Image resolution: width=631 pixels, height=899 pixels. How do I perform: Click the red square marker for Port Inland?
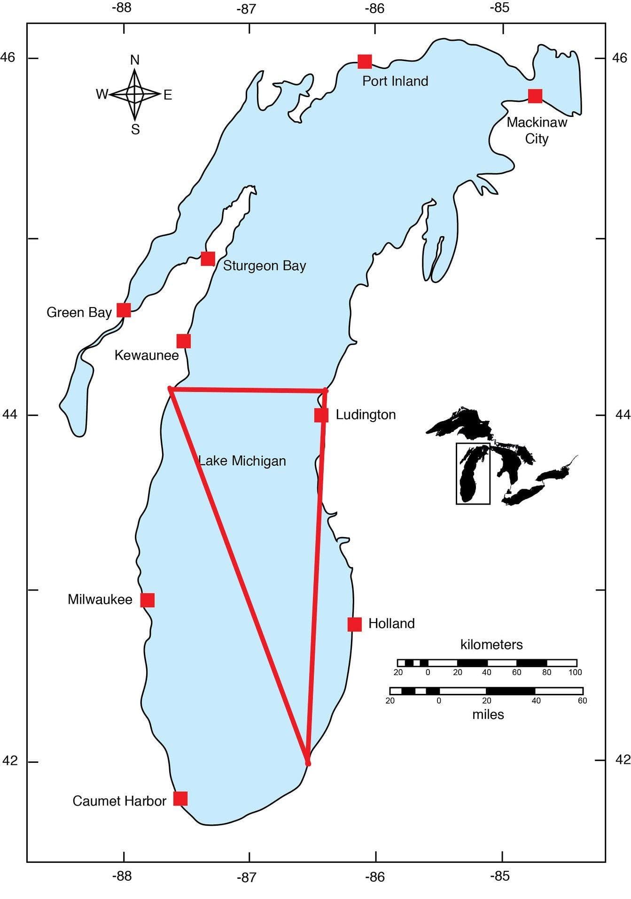[365, 61]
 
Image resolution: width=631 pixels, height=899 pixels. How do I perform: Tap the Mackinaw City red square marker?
[535, 96]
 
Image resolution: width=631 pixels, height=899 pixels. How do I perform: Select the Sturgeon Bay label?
[264, 266]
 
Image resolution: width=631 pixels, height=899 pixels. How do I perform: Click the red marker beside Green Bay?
[124, 310]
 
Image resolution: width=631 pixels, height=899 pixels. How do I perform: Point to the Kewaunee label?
[147, 355]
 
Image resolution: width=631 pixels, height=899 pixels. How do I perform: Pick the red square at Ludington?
[321, 415]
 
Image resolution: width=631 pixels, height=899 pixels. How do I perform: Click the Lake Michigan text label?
[242, 461]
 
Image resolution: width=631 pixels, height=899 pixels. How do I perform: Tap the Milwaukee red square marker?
[148, 600]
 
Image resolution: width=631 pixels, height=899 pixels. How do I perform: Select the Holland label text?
[391, 623]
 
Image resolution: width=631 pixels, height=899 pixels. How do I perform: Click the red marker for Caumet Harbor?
[180, 799]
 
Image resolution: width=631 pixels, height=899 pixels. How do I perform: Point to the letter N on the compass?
[135, 60]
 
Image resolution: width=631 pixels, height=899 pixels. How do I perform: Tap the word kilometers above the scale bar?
[491, 645]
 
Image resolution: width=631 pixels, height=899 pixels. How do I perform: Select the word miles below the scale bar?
[488, 715]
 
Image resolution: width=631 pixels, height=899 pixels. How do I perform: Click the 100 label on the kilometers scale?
[575, 672]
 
